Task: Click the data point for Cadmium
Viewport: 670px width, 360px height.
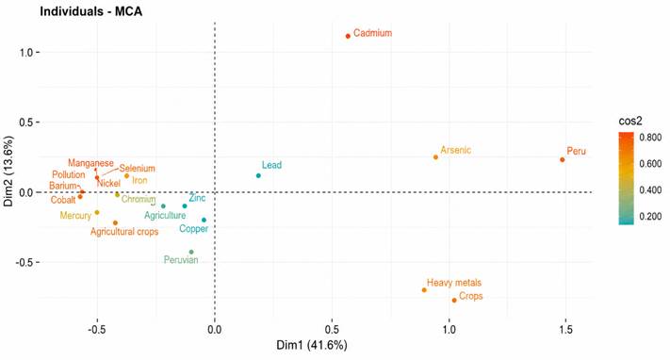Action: point(348,36)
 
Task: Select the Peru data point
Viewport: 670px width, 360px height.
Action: point(562,159)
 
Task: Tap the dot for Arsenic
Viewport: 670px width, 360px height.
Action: point(435,157)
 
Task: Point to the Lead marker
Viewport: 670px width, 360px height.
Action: point(258,175)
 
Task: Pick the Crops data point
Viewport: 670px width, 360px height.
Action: point(454,300)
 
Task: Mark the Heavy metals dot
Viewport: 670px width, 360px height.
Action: point(424,290)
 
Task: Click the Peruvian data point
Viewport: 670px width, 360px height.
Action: point(191,252)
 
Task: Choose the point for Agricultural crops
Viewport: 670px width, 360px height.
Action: point(115,222)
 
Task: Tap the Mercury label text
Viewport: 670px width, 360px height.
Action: point(75,216)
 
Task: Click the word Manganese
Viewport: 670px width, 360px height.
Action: point(90,163)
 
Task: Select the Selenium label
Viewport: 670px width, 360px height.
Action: point(137,169)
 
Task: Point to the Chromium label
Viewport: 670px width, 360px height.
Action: point(139,199)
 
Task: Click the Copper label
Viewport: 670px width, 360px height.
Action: point(193,229)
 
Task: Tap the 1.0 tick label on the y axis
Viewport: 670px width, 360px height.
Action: point(26,52)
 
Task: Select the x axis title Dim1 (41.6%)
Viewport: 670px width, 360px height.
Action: point(312,345)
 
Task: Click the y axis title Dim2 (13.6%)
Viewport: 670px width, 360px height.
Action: point(8,171)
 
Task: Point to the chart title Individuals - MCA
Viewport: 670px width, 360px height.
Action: point(91,11)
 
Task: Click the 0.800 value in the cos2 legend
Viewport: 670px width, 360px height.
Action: point(650,138)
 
